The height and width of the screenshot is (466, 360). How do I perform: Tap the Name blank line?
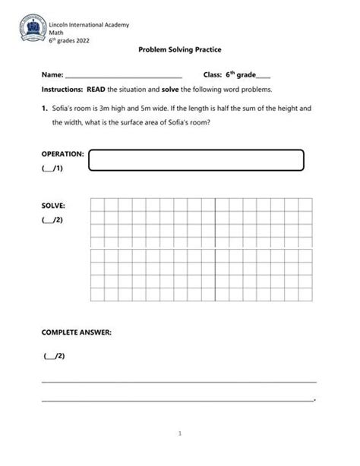[x=123, y=77]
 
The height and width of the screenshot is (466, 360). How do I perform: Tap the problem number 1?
[x=45, y=109]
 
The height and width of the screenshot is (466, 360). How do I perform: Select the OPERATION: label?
[x=62, y=153]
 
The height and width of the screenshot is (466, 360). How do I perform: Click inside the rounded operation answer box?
[x=196, y=161]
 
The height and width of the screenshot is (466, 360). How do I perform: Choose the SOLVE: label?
[x=53, y=205]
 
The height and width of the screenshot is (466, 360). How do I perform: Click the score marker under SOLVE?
[x=52, y=219]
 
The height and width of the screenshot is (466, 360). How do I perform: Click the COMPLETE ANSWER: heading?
[x=76, y=332]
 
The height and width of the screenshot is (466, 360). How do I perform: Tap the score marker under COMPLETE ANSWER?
[x=55, y=355]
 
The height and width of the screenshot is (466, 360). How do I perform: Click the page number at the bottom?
[x=180, y=435]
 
